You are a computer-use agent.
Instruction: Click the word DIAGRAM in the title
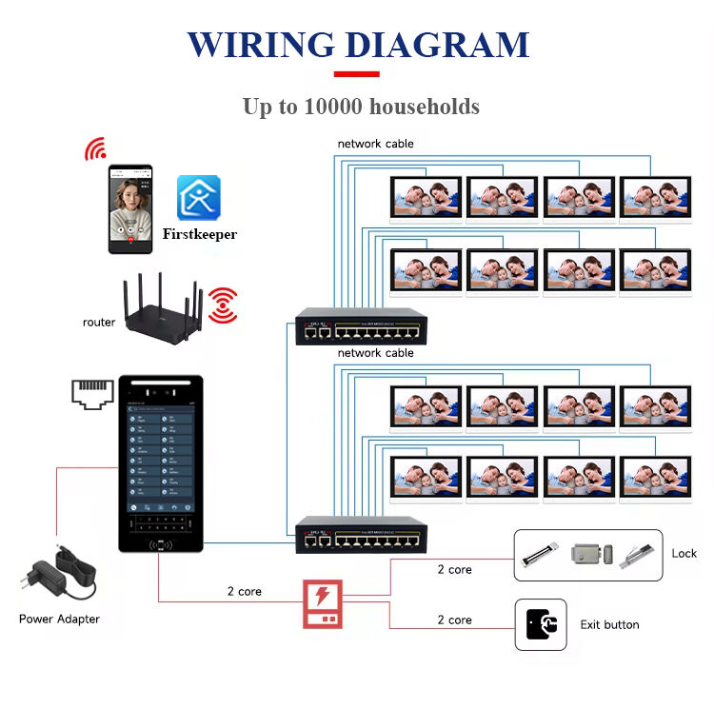(436, 45)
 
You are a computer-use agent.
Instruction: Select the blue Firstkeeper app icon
(198, 198)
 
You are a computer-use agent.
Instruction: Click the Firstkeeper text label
(199, 234)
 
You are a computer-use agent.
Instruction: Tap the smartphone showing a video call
(130, 208)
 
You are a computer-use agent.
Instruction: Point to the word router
(99, 323)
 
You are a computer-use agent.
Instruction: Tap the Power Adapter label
(59, 619)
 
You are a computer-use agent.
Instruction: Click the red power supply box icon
(323, 603)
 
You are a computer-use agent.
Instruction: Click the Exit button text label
(609, 625)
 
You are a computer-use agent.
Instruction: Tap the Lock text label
(684, 554)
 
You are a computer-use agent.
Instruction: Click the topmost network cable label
(375, 144)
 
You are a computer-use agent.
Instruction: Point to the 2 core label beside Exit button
(454, 619)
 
